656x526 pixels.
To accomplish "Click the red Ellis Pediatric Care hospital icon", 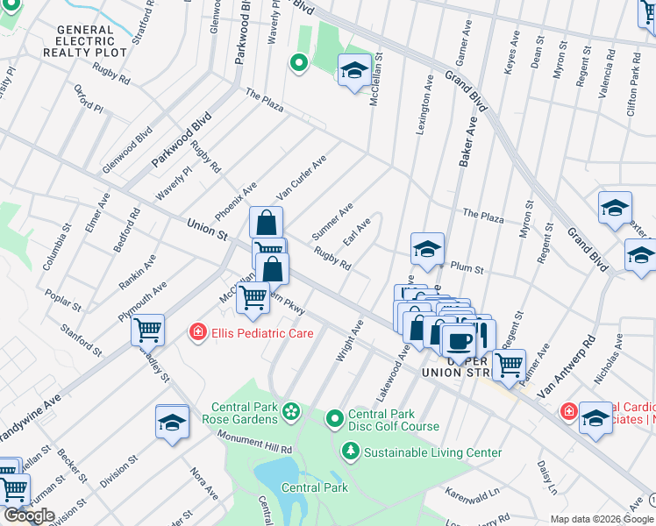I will pyautogui.click(x=199, y=332).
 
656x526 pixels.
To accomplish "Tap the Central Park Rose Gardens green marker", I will pyautogui.click(x=290, y=409).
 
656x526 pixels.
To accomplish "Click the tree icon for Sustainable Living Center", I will pyautogui.click(x=351, y=451).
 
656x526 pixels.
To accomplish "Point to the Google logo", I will pyautogui.click(x=29, y=515).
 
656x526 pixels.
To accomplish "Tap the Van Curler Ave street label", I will pyautogui.click(x=301, y=177).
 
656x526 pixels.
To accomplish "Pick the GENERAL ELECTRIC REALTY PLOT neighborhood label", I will pyautogui.click(x=85, y=41).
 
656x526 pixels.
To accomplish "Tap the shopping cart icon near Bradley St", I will pyautogui.click(x=147, y=329).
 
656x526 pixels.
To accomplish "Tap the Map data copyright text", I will pyautogui.click(x=602, y=519).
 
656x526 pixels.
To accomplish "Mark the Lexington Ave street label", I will pyautogui.click(x=424, y=103).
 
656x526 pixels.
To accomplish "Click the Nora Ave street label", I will pyautogui.click(x=198, y=480).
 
